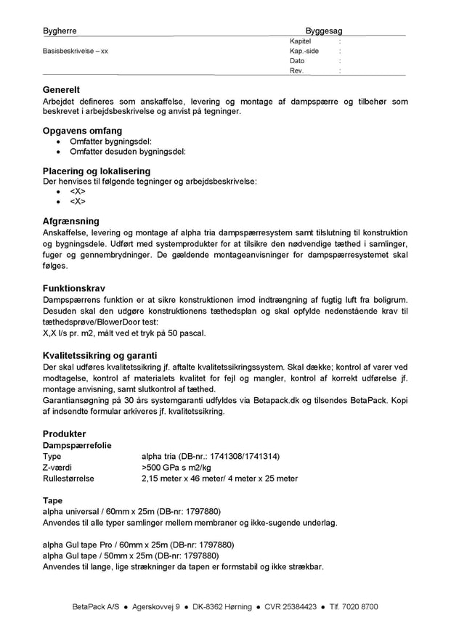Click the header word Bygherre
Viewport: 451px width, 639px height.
point(60,31)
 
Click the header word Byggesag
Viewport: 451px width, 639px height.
point(323,31)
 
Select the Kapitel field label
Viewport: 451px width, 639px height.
point(300,42)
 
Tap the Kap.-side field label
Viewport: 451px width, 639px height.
point(304,52)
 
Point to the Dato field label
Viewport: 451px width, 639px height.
point(297,61)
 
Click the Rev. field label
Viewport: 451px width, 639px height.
point(296,70)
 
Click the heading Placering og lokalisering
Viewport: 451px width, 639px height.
point(97,171)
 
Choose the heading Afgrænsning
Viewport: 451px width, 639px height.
point(71,221)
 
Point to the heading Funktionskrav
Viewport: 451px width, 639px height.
point(74,288)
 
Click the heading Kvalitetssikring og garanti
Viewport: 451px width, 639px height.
point(100,356)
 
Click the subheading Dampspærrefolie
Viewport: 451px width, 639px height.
point(78,444)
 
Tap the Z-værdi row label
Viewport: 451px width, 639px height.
point(57,467)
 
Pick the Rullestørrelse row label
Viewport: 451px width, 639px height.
point(68,479)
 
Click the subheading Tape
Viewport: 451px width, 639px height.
point(53,501)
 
